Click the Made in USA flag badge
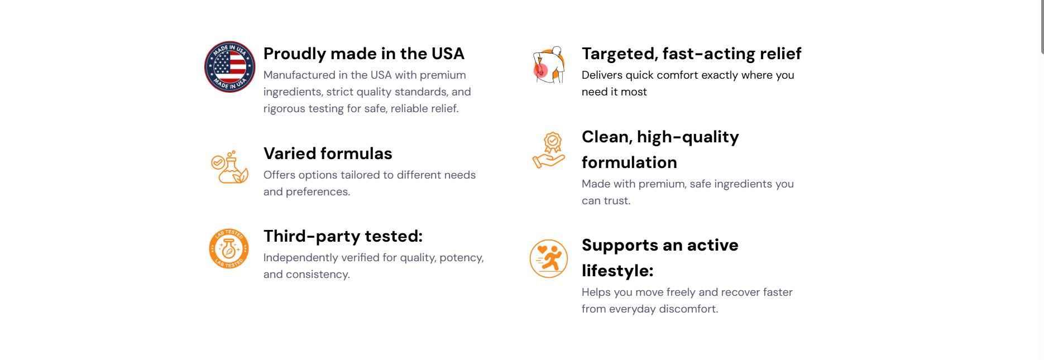[x=230, y=67]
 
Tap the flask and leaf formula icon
[x=229, y=167]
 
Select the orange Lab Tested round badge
[x=229, y=248]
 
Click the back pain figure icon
[x=549, y=65]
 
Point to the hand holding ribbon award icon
[x=549, y=150]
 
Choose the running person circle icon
[x=549, y=258]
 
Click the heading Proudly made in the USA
[x=364, y=54]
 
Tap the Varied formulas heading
[x=328, y=153]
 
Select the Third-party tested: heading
[x=343, y=236]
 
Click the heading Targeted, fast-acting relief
[x=692, y=54]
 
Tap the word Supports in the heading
[x=620, y=246]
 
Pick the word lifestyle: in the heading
[x=617, y=271]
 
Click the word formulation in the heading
[x=629, y=162]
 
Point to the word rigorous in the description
[x=284, y=109]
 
